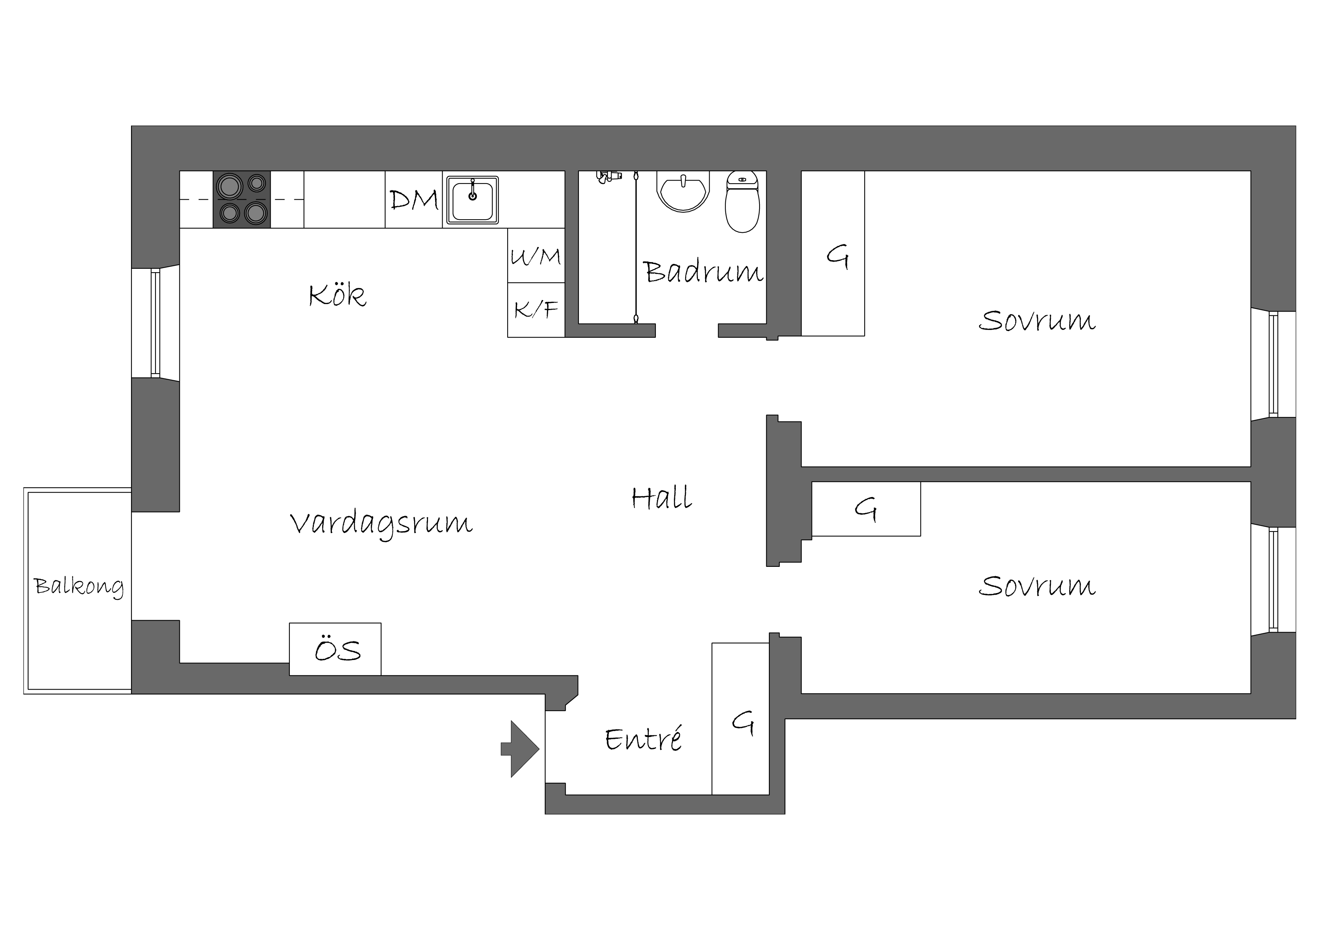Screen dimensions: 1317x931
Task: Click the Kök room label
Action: tap(337, 295)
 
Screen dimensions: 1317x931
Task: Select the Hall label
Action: tap(662, 497)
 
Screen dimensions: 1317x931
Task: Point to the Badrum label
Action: tap(703, 271)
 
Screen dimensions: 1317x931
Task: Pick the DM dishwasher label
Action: tap(414, 200)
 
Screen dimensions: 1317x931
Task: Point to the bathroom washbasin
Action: tap(683, 191)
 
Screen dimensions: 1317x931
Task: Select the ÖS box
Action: tap(335, 649)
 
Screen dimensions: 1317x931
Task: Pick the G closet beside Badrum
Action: tap(833, 253)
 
